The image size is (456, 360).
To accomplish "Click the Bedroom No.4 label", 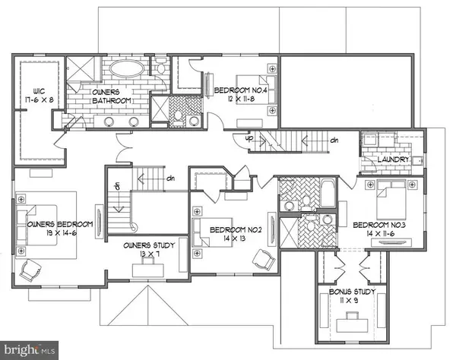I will point(240,90).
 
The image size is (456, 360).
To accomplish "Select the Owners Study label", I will point(150,245).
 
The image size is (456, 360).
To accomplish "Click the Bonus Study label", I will point(350,291).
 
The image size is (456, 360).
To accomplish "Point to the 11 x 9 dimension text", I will point(350,301).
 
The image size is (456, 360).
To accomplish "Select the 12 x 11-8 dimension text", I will point(239,99).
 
